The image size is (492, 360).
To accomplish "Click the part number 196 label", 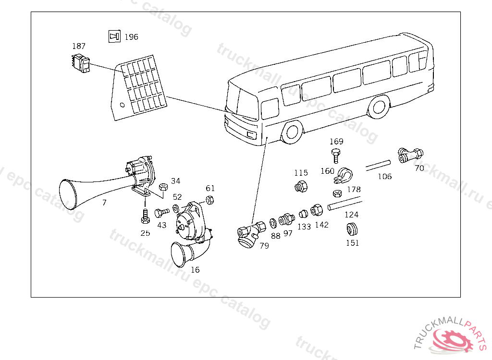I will pos(131,37).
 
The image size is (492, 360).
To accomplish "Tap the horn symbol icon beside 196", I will pos(114,36).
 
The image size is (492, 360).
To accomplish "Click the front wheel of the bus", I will pos(292,132).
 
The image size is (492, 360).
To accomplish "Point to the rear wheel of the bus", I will pos(380,107).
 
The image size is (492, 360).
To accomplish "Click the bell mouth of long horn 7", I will pos(68,195).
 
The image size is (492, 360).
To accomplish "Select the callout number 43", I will pos(162,225).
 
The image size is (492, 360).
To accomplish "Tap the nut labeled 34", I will pos(162,186).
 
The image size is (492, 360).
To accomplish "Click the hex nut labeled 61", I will pos(210,200).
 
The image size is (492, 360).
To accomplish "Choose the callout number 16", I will pos(195,270).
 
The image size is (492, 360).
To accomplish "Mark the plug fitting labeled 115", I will pos(301,187).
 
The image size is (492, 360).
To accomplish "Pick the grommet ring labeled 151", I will pos(353,228).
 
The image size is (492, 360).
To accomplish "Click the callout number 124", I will pos(351,215).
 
